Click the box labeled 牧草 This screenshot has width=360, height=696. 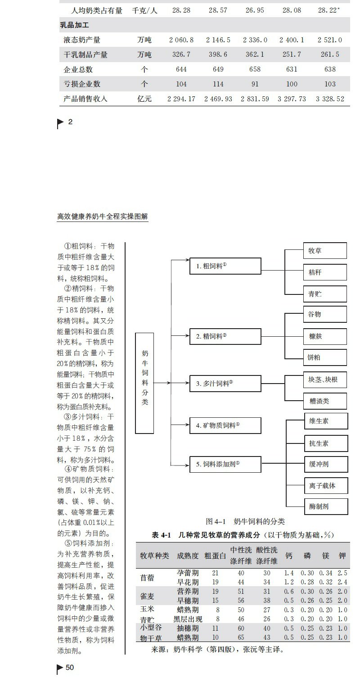[x=325, y=251]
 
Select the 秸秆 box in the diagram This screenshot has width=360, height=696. [x=325, y=272]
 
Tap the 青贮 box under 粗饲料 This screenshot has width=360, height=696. [x=325, y=294]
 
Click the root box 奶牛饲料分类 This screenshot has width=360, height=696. [x=144, y=383]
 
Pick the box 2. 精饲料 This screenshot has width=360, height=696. [x=225, y=336]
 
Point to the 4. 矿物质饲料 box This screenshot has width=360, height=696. [x=225, y=425]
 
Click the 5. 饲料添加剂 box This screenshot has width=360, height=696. [x=225, y=464]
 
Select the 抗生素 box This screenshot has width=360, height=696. [x=326, y=443]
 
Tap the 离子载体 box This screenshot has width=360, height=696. [x=326, y=485]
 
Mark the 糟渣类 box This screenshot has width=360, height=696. [x=325, y=401]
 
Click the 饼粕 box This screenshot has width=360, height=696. [x=325, y=358]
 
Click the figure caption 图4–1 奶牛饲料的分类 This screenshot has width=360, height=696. [x=245, y=521]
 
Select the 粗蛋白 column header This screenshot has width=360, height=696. [x=215, y=556]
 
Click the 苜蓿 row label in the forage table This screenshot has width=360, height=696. [x=147, y=578]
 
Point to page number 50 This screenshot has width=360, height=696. [x=70, y=668]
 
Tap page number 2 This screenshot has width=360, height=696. [x=70, y=122]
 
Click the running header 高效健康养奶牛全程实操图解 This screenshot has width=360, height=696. [x=103, y=217]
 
